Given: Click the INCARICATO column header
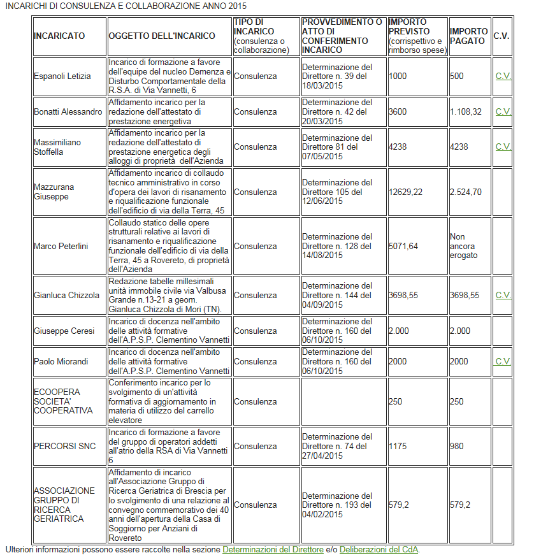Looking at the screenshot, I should [59, 36].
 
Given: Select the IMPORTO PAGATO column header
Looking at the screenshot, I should [469, 36].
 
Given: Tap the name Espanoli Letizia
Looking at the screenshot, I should [62, 76].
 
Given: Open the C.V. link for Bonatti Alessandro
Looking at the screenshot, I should [503, 111].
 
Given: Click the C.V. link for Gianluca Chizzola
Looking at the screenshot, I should [503, 295].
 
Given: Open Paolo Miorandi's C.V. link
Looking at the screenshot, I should [503, 361].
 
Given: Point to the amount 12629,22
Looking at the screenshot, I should [405, 192].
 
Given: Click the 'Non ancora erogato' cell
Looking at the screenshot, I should [463, 246].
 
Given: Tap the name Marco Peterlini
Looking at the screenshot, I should [61, 246].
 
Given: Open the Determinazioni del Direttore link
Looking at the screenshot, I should [273, 549].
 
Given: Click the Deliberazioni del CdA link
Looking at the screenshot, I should [379, 549].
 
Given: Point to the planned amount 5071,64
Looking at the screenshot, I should [403, 246].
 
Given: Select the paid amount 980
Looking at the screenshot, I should [457, 446].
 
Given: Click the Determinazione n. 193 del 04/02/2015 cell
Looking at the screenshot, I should [337, 505].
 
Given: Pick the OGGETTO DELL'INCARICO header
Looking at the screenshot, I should [162, 36].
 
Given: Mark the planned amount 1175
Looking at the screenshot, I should [398, 446].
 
